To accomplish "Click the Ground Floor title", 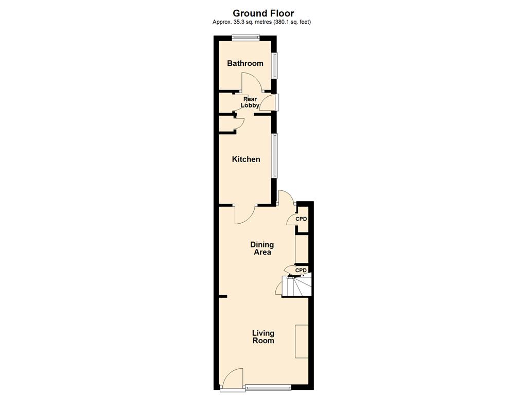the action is tap(263, 13).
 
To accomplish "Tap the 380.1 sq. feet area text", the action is tap(291, 22).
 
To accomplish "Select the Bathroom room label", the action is tap(245, 63).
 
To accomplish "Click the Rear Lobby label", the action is tap(250, 102).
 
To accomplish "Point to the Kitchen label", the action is tap(246, 159).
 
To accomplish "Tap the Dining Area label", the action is tap(262, 248).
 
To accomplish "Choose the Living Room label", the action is tap(263, 336).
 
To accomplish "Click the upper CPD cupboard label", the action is tap(301, 219).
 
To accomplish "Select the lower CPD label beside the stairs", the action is tap(301, 270).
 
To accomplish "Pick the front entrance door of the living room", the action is tap(232, 379).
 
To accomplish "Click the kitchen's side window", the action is tap(275, 155).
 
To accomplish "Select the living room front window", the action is tap(268, 387).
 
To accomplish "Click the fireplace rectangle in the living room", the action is tap(302, 342).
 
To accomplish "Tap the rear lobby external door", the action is tap(271, 102).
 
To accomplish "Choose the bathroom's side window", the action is tap(275, 65).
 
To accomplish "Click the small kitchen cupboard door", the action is tap(240, 123).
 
